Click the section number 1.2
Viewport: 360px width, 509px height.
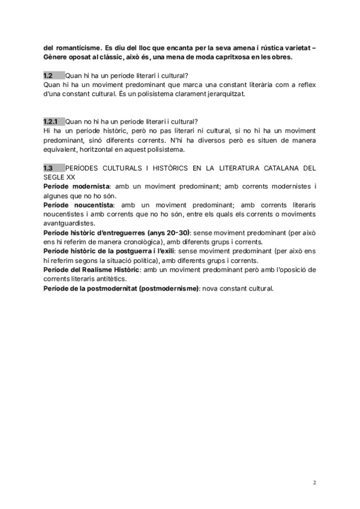point(48,75)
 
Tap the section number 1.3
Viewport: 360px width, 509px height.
point(48,168)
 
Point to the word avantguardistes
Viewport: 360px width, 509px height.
point(69,223)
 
